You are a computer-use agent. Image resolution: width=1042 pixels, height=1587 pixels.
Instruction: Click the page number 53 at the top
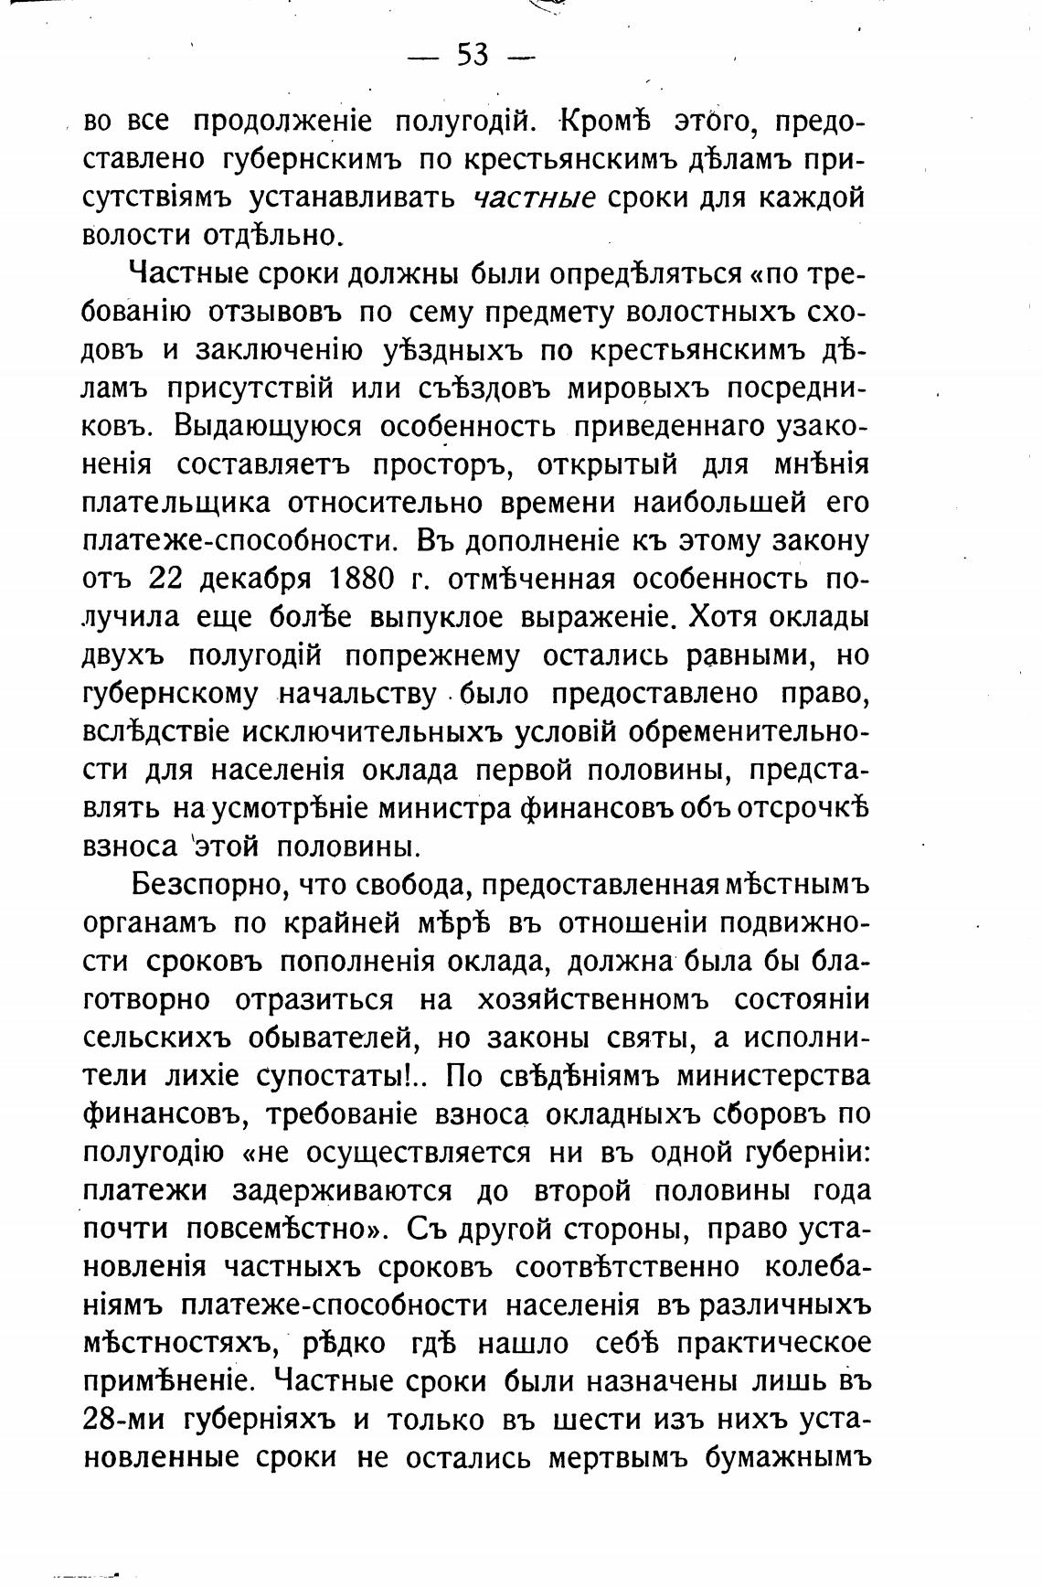click(x=472, y=57)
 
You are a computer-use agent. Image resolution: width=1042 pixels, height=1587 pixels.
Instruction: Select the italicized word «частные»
click(x=536, y=197)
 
